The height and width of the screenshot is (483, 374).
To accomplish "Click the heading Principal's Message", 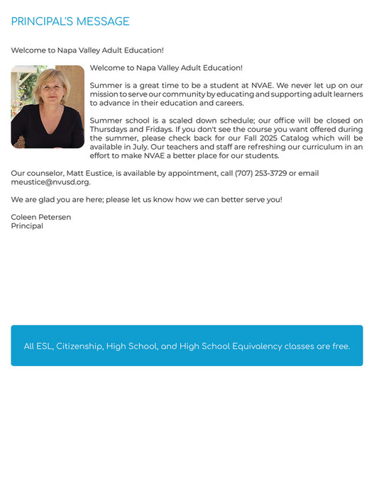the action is pos(70,22).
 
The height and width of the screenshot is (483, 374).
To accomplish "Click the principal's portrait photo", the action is pos(48,106).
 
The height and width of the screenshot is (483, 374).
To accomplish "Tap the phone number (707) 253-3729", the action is pos(260,173).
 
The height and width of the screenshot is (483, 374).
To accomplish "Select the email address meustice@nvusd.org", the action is pos(50,182).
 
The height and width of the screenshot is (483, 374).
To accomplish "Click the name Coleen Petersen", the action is pos(41,217).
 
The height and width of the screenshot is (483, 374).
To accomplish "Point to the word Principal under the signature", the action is pos(27,226).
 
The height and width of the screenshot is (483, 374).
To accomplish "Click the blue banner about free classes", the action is pos(187,345).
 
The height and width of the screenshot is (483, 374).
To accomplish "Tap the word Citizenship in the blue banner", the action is pos(79,347).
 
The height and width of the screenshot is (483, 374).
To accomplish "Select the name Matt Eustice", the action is pos(89,173).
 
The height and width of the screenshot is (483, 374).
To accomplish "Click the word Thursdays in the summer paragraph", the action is pos(111,129).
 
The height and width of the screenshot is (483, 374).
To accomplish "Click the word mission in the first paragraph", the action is pos(104,94).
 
